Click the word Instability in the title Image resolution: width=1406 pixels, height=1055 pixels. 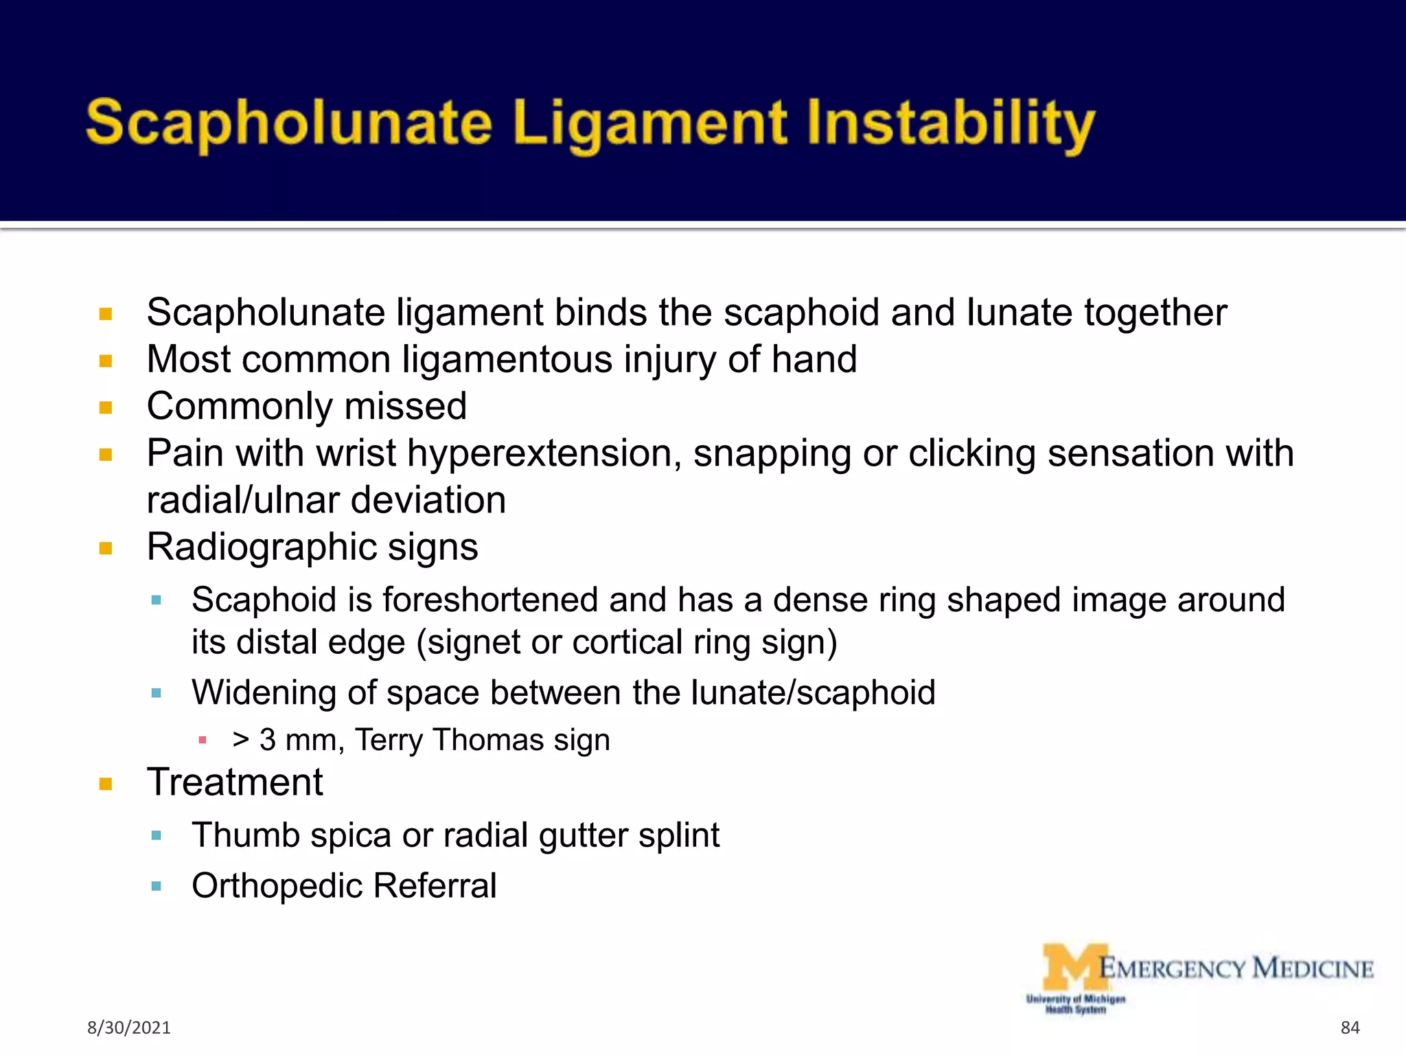tap(950, 124)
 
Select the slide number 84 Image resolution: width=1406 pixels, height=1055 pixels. tap(1350, 1028)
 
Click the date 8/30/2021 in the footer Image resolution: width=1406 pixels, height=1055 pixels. tap(129, 1028)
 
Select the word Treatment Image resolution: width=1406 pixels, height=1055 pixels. tap(235, 782)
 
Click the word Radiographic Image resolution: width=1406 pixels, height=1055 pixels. tap(262, 547)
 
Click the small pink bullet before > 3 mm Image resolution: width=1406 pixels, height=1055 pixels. tap(203, 740)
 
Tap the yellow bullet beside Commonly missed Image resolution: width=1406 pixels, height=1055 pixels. tap(106, 408)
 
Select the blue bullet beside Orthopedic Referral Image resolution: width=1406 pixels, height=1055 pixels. tap(157, 886)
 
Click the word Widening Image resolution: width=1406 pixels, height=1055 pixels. tap(264, 692)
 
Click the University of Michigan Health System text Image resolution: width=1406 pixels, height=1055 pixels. tap(1076, 1003)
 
